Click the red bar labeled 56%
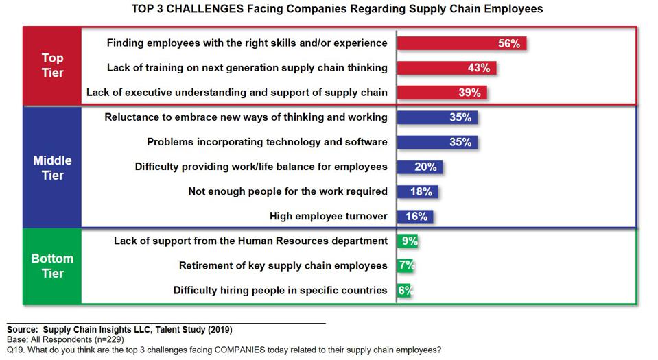461,43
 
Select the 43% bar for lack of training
446,68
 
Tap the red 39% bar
442,92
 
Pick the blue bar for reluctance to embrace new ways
437,117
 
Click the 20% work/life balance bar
419,167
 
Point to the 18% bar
417,191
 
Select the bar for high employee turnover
414,216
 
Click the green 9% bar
408,241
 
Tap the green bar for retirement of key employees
406,265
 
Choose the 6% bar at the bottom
405,290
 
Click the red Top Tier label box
52,65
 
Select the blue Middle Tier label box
52,167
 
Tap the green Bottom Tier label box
52,266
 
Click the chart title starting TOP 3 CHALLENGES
327,9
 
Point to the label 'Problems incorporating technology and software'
267,142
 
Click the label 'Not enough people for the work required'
287,191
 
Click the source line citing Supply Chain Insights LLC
124,329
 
